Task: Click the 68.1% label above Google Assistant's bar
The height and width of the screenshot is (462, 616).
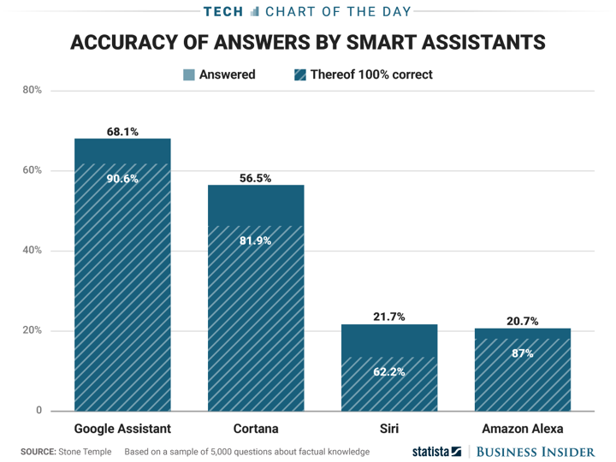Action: click(x=122, y=132)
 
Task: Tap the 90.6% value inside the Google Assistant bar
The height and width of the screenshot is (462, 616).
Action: click(x=122, y=179)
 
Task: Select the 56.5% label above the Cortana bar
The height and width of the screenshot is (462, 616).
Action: click(x=256, y=179)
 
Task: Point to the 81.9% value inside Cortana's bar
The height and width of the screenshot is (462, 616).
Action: click(x=256, y=240)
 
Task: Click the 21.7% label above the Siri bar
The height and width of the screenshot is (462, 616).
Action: click(x=389, y=317)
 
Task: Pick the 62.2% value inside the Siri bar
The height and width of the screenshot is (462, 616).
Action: click(x=389, y=372)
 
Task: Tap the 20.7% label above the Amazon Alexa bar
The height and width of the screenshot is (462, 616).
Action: click(x=523, y=322)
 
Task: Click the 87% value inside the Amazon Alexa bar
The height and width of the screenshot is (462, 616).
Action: click(x=523, y=352)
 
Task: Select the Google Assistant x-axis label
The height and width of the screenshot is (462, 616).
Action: click(x=122, y=429)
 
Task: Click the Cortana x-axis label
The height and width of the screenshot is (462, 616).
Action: click(x=256, y=429)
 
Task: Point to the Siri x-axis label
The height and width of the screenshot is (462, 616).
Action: click(x=389, y=429)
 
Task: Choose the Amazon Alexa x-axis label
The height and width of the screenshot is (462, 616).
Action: click(x=523, y=429)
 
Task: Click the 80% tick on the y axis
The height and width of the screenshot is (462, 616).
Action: click(x=33, y=91)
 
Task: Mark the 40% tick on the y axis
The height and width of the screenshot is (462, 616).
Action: click(x=33, y=251)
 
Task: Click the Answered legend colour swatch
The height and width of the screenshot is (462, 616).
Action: click(x=189, y=74)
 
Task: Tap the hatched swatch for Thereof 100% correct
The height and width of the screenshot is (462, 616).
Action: click(x=299, y=74)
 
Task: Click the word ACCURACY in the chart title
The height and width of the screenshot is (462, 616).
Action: click(x=121, y=42)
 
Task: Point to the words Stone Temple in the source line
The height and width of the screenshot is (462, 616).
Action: click(x=86, y=451)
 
